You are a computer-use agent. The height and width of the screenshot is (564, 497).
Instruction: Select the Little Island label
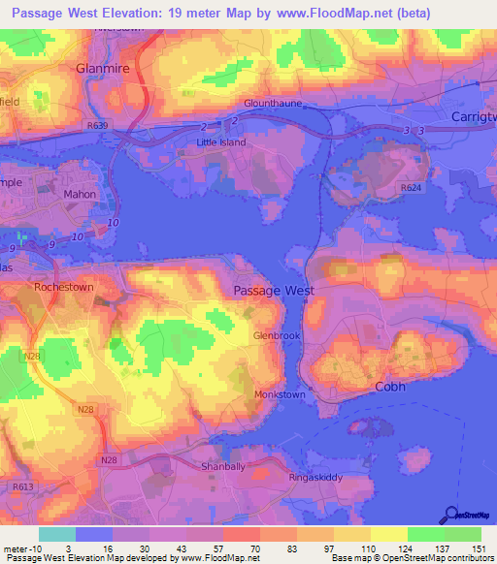click(x=221, y=142)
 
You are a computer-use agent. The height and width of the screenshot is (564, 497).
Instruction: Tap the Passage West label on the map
click(x=273, y=291)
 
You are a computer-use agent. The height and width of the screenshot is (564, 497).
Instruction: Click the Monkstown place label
click(x=280, y=395)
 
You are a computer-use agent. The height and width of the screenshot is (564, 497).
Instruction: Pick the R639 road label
click(x=97, y=126)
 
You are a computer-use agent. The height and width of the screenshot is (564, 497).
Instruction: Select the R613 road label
click(x=21, y=486)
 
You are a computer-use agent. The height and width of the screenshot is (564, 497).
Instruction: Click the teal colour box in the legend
click(x=56, y=534)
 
